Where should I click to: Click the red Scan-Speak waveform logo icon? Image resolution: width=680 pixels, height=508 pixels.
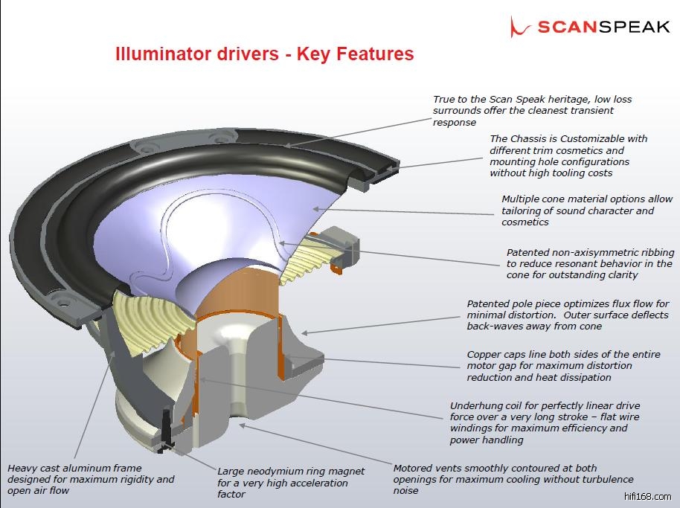click(519, 27)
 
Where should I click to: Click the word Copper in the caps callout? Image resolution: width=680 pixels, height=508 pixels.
click(484, 355)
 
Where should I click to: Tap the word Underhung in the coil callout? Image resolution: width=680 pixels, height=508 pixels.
click(477, 406)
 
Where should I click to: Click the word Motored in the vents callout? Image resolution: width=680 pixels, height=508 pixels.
click(414, 469)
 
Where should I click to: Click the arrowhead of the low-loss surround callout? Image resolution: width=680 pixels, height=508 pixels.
click(287, 144)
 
